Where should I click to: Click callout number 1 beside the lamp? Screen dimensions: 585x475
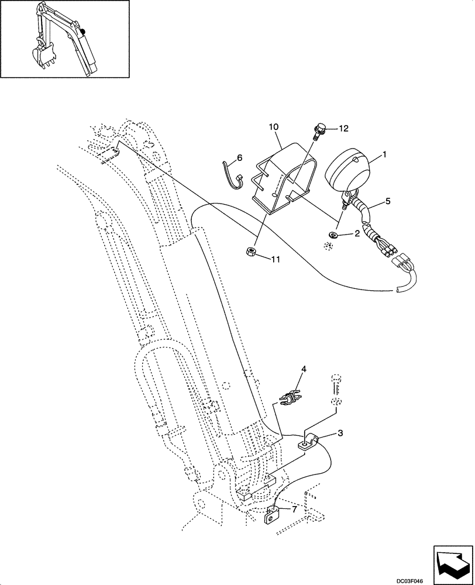pos(384,154)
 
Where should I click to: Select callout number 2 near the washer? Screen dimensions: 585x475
pos(356,234)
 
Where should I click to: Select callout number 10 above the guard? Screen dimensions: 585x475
pos(274,126)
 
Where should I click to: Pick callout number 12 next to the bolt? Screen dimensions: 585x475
pos(343,128)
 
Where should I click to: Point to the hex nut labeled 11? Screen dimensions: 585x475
pos(249,252)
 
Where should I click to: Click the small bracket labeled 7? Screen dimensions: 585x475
pos(273,516)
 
